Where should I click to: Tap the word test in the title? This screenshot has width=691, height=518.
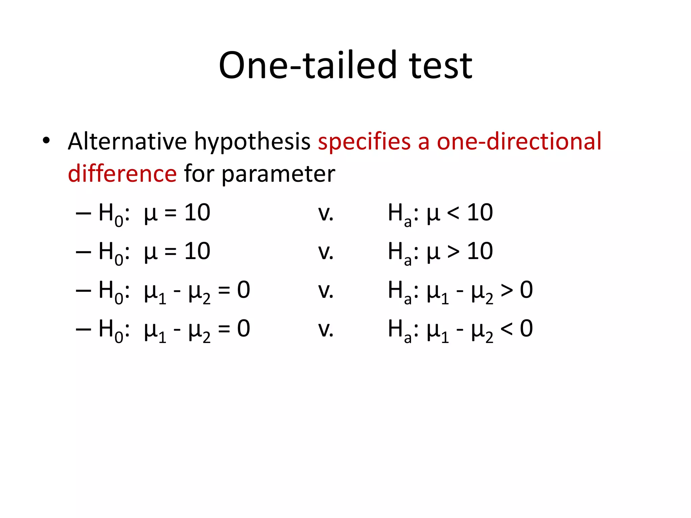click(441, 65)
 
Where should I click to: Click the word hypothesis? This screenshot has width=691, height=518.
click(252, 142)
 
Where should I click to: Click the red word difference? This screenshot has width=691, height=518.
click(122, 173)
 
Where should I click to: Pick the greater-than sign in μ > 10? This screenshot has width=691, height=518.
click(453, 252)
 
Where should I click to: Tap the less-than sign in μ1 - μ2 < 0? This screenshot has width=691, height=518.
click(506, 329)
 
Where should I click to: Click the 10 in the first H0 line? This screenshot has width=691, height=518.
click(197, 213)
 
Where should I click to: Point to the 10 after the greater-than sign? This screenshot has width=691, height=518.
click(480, 251)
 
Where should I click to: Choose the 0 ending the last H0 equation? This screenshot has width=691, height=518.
click(243, 328)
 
